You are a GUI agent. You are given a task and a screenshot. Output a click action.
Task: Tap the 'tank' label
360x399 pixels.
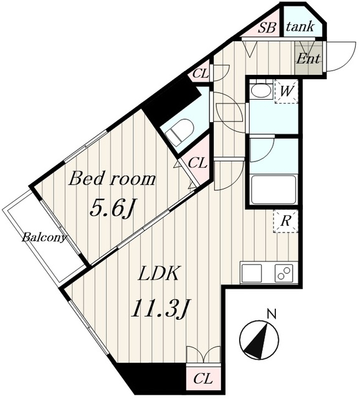[300, 26]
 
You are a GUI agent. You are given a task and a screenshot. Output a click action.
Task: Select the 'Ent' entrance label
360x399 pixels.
[308, 59]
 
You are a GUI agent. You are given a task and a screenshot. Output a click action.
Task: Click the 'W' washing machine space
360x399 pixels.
[287, 91]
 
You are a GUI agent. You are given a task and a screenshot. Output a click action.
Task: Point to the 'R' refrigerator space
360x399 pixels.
[285, 221]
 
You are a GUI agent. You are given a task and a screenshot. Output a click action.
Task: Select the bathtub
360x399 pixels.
[273, 190]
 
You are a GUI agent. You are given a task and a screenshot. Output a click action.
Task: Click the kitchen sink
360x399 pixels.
[252, 273]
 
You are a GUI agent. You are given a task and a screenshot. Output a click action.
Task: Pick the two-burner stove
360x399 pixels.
[284, 273]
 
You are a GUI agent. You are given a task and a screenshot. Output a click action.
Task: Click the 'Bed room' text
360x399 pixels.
[112, 179]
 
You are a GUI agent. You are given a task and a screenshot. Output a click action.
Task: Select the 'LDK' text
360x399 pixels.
[158, 273]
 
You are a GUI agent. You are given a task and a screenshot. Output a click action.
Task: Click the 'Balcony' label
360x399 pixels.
[44, 238]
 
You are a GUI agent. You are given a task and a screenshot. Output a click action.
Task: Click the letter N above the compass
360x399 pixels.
[272, 314]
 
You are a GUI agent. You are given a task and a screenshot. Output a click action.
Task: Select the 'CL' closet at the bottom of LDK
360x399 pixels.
[203, 380]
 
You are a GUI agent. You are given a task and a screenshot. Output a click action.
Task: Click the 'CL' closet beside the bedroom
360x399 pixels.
[198, 163]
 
